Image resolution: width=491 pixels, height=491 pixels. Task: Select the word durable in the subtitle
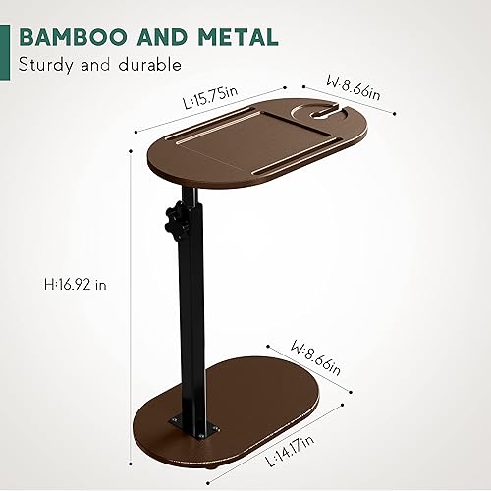pyautogui.click(x=148, y=66)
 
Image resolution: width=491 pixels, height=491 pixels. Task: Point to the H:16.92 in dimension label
pyautogui.click(x=75, y=284)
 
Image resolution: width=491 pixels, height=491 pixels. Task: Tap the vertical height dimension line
pyautogui.click(x=132, y=295)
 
